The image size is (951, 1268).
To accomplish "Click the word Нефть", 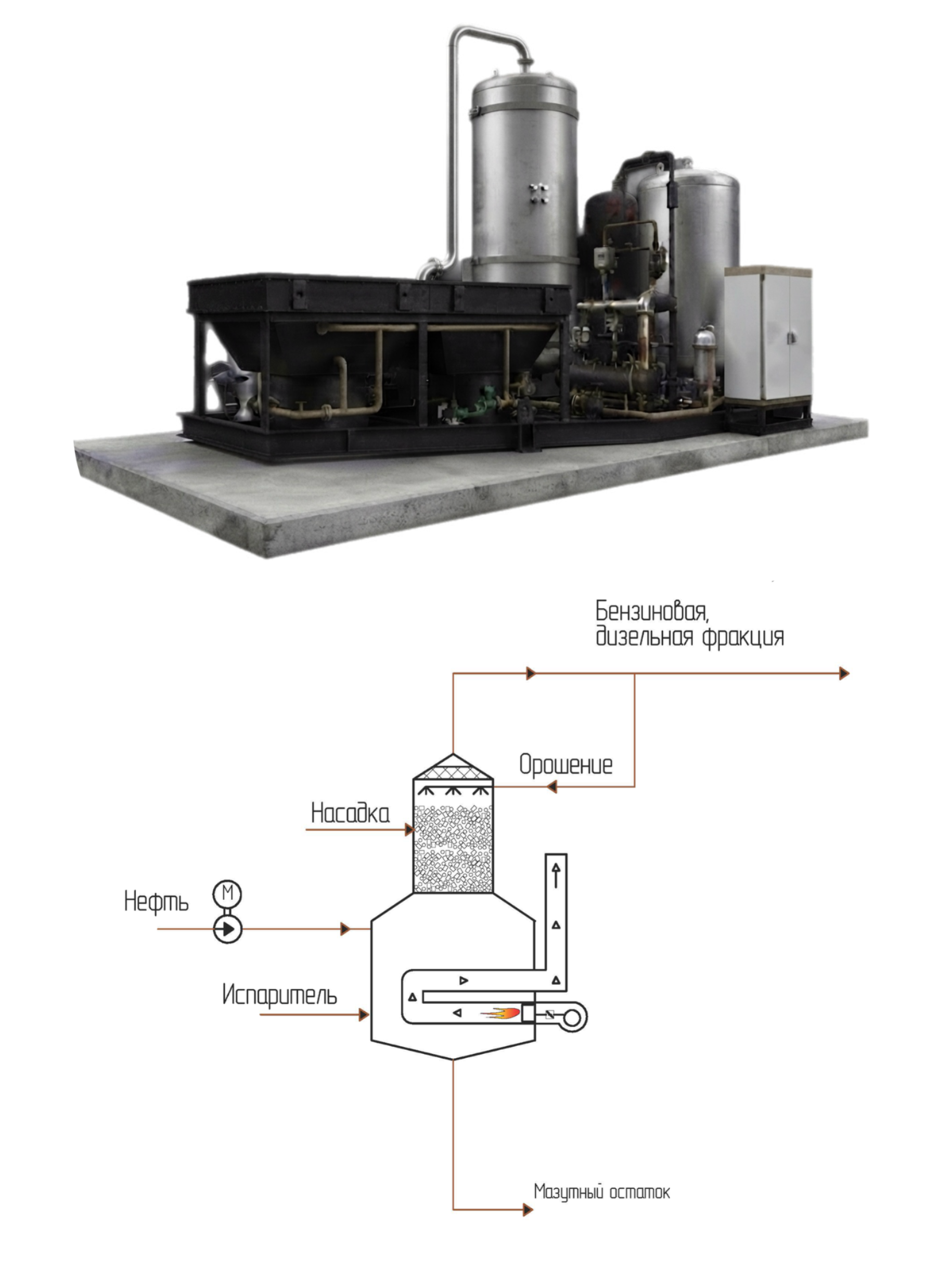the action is click(x=156, y=902).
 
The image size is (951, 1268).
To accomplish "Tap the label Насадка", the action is click(x=350, y=813).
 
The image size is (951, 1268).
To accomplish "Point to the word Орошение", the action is click(x=566, y=765).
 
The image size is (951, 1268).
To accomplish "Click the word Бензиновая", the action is click(x=652, y=612).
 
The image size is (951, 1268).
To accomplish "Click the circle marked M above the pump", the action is click(x=227, y=893).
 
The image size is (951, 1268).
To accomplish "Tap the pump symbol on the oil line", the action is click(x=228, y=929).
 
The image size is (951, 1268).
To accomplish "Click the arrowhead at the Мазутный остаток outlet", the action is click(x=528, y=1210).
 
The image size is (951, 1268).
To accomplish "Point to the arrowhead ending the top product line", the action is click(x=844, y=673).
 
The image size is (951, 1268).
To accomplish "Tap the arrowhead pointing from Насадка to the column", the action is click(x=409, y=830).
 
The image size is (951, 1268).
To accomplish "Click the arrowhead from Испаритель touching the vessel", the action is click(x=364, y=1015).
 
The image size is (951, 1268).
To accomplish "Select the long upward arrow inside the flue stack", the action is click(x=556, y=876).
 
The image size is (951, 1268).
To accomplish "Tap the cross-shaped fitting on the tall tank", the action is click(x=538, y=193).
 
